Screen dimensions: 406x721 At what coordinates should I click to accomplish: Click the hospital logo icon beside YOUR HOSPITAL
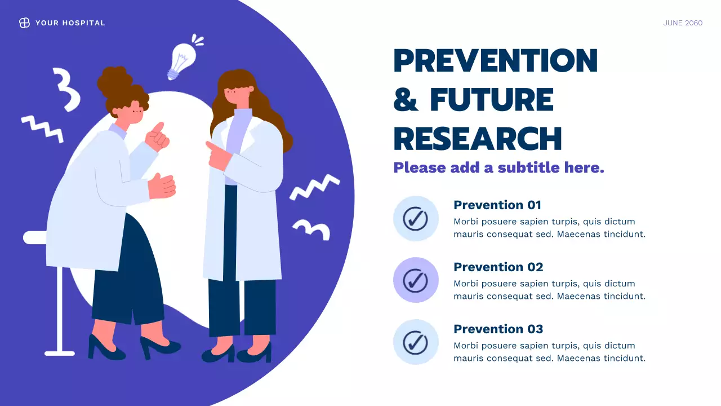coord(24,23)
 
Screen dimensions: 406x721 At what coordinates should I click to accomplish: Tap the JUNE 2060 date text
coord(683,23)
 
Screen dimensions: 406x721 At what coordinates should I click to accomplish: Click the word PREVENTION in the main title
coord(495,60)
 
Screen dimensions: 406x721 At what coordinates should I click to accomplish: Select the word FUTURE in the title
coord(492,100)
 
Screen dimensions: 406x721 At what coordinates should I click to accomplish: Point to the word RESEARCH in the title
coord(478,138)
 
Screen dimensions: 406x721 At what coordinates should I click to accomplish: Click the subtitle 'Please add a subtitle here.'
coord(499,167)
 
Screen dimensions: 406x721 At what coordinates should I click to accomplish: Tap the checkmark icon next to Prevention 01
coord(416,218)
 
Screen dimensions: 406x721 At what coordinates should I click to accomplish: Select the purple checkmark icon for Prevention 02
coord(416,280)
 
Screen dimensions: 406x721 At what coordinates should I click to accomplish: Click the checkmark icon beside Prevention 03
coord(416,342)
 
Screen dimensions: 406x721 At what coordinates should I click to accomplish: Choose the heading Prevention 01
coord(497,205)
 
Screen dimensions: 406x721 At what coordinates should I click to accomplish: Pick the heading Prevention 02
coord(499,267)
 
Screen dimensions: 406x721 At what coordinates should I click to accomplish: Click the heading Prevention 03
coord(499,329)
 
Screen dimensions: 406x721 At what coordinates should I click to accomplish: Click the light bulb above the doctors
coord(182,60)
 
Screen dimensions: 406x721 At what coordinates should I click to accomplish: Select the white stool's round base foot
coord(59,353)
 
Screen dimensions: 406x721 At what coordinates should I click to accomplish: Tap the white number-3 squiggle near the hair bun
coord(66,89)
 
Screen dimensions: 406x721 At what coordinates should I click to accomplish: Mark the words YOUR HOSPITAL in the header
coord(70,23)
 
